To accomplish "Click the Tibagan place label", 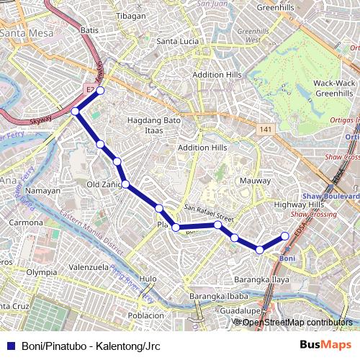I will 130,15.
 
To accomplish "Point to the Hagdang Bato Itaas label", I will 153,125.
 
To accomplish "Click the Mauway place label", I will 256,181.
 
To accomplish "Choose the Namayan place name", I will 42,191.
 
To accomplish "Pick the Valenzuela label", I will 89,266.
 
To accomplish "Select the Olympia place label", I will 41,273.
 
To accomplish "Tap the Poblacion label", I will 147,315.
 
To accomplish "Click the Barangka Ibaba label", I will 218,296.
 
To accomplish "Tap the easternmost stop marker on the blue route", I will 284,236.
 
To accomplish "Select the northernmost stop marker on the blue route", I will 101,91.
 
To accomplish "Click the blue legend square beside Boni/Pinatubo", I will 9,346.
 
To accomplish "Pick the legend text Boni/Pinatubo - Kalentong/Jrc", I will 91,346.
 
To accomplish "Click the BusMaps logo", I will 325,345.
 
